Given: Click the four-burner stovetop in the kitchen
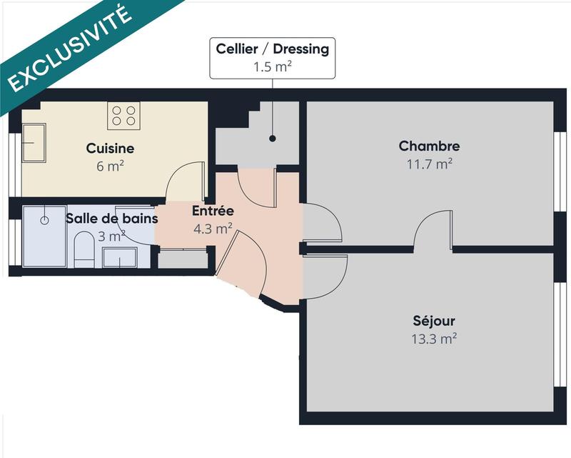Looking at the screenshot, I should pyautogui.click(x=123, y=115).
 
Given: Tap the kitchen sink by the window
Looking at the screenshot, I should pyautogui.click(x=34, y=142).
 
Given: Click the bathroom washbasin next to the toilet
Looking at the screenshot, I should pyautogui.click(x=119, y=257).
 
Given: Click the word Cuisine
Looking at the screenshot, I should pyautogui.click(x=110, y=149).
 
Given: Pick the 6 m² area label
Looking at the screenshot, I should pyautogui.click(x=110, y=166).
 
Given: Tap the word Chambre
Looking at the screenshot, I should pyautogui.click(x=429, y=146).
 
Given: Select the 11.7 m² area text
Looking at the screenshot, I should pyautogui.click(x=429, y=164).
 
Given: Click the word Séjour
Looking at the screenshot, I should pyautogui.click(x=433, y=321).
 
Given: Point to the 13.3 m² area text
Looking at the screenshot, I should pyautogui.click(x=433, y=339).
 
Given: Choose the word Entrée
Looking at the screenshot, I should pyautogui.click(x=213, y=211).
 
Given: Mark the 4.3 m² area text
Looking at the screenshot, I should pyautogui.click(x=213, y=229).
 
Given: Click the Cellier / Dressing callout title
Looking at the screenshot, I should pyautogui.click(x=273, y=49).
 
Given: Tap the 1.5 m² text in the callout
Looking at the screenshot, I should pyautogui.click(x=273, y=67).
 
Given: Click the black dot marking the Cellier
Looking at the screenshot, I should pyautogui.click(x=273, y=139).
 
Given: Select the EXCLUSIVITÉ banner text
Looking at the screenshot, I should pyautogui.click(x=71, y=48).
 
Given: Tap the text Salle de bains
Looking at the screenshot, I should pyautogui.click(x=111, y=218).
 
